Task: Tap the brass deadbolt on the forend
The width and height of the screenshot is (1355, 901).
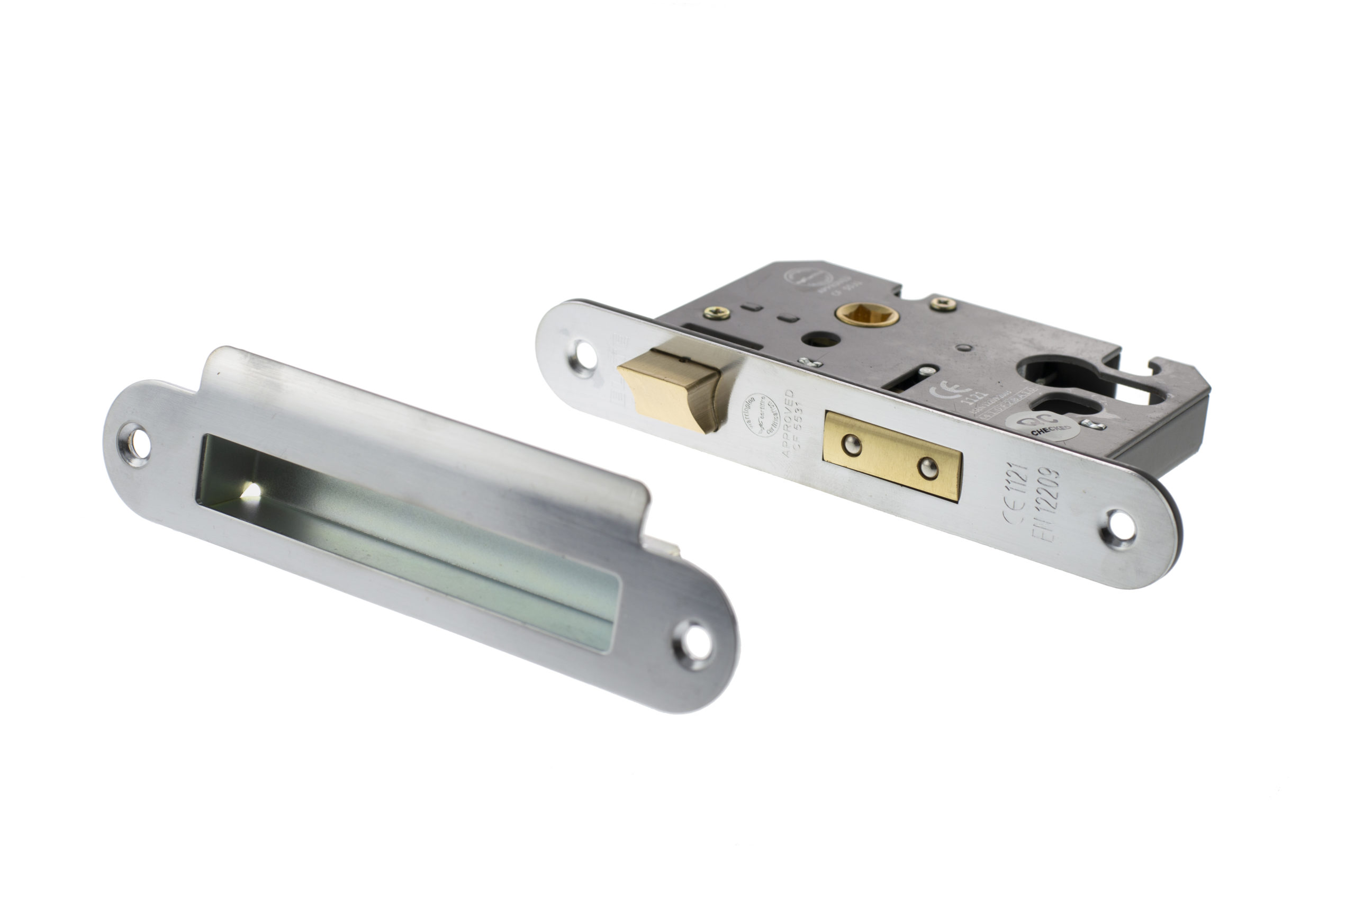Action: (x=891, y=456)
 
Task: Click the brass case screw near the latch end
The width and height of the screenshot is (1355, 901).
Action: (x=716, y=312)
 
